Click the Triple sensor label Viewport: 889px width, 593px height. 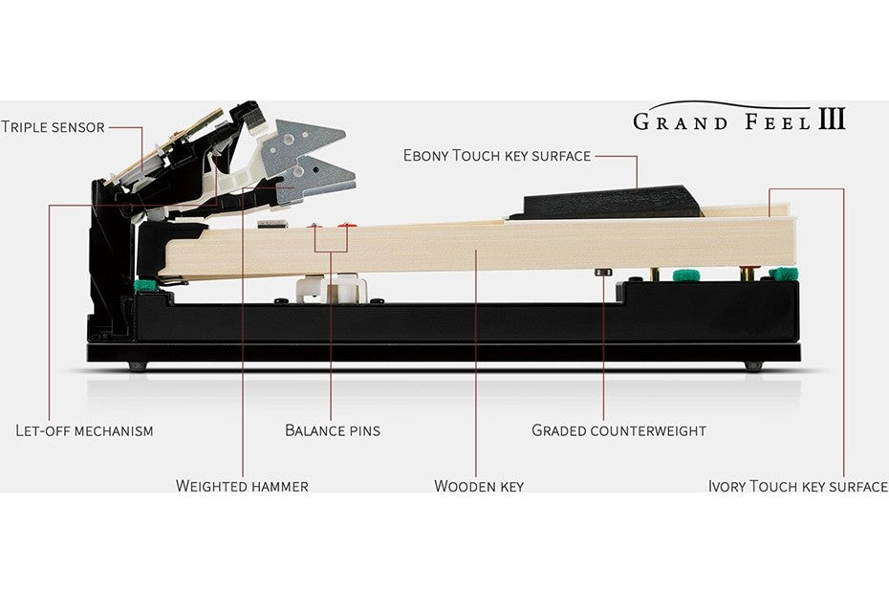pos(54,126)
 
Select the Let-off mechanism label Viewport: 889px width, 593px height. pos(84,430)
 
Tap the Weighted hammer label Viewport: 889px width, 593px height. pos(242,486)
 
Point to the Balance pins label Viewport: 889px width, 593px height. pos(333,430)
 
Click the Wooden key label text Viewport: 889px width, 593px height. pos(479,486)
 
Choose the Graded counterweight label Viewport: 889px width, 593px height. pos(619,430)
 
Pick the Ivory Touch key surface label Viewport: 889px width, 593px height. pos(798,486)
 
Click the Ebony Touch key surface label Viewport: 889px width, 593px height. pos(497,156)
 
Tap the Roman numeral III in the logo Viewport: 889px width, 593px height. pos(832,119)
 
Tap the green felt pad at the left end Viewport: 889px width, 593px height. pos(146,284)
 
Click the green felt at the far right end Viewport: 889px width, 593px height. pos(784,275)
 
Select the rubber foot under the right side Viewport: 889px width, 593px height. pos(753,366)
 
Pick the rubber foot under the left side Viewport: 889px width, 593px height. pos(138,366)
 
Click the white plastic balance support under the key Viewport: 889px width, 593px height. pos(329,288)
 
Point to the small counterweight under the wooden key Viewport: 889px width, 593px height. pos(602,273)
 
